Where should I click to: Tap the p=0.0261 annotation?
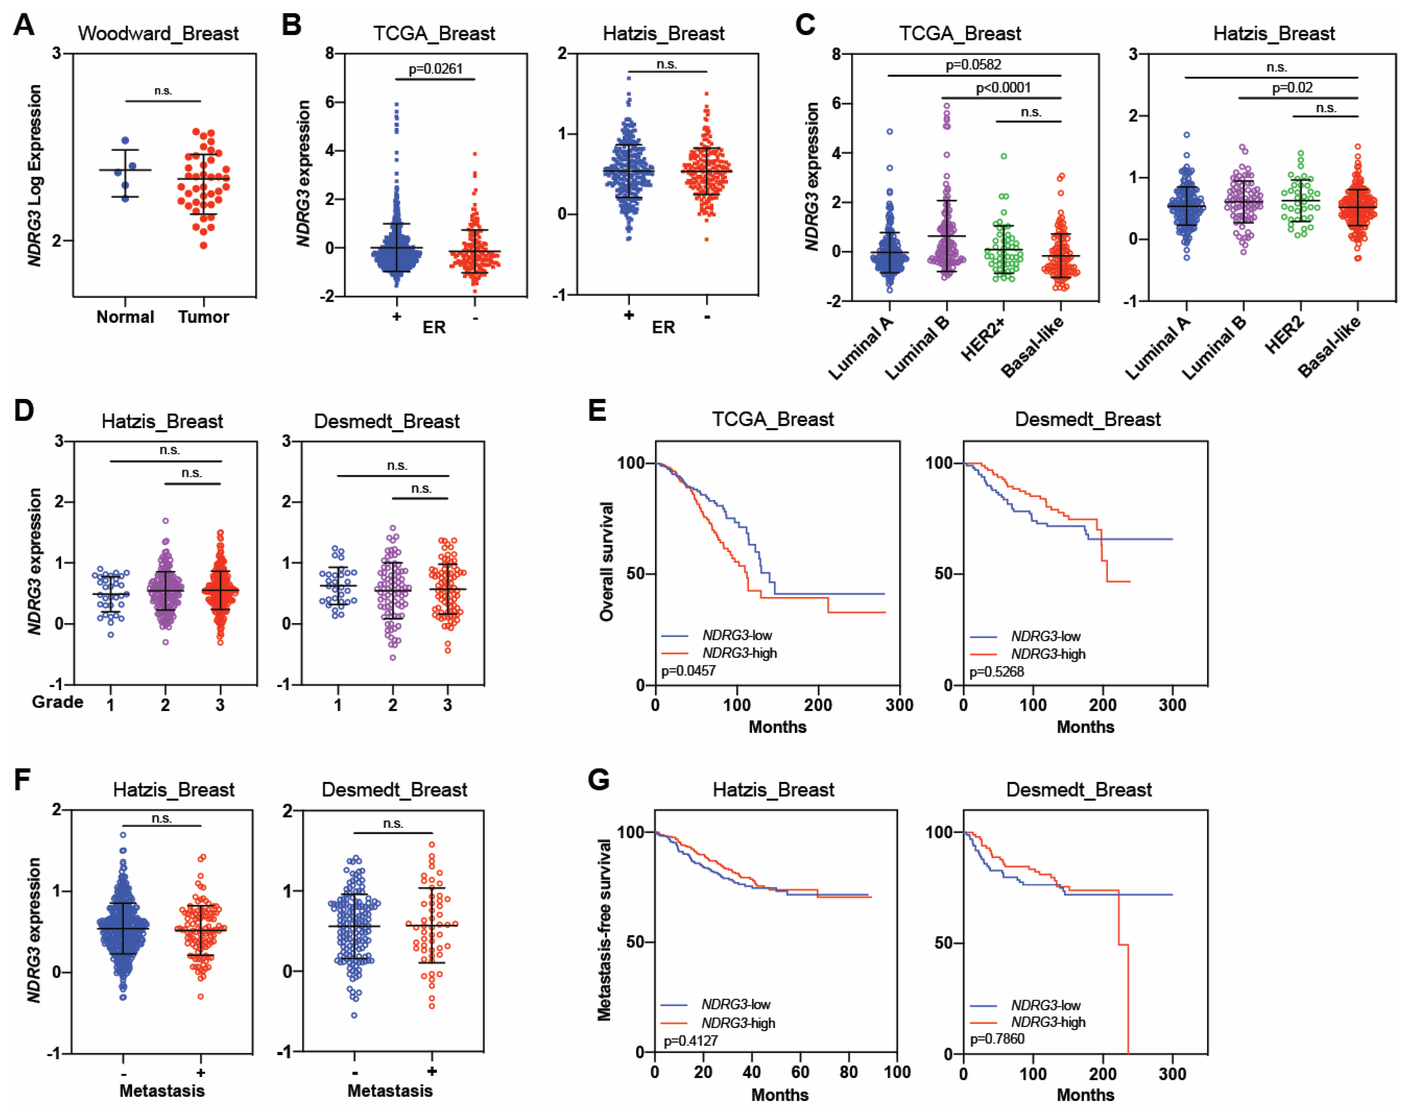point(435,69)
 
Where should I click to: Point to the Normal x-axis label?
point(125,317)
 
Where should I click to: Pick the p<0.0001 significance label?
point(1003,87)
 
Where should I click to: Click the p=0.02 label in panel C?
point(1292,87)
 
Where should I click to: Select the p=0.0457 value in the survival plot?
point(688,671)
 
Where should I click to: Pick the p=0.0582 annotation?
point(974,65)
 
